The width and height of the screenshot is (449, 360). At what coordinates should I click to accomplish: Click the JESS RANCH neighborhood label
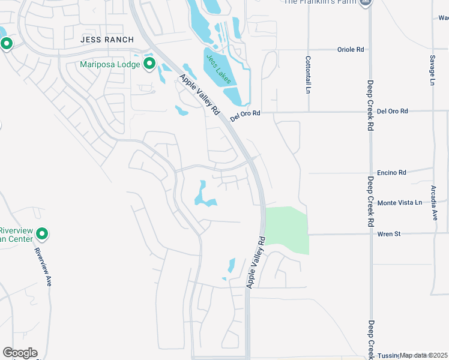[x=105, y=38]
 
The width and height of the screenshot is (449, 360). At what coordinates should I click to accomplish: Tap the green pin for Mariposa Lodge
[x=148, y=64]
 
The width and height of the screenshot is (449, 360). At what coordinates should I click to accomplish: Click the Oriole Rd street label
[x=352, y=50]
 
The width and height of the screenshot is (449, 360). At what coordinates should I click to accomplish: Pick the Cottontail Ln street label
[x=308, y=74]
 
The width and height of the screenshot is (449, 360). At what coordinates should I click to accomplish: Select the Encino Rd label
[x=391, y=172]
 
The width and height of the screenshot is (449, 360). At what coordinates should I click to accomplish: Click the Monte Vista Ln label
[x=399, y=203]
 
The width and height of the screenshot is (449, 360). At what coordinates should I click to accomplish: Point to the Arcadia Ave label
[x=434, y=203]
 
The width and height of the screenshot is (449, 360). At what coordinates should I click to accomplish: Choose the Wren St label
[x=389, y=234]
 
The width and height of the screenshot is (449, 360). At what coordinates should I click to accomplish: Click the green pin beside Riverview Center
[x=42, y=233]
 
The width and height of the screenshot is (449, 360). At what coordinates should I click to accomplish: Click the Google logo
[x=20, y=353]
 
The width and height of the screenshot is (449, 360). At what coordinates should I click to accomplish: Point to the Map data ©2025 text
[x=424, y=355]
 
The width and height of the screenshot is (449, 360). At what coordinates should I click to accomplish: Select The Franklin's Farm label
[x=320, y=2]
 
